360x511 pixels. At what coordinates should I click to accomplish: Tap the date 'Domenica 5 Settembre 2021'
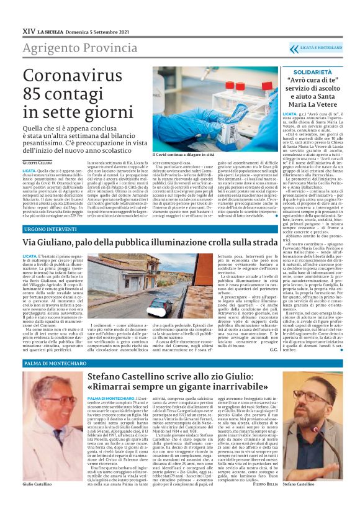pyautogui.click(x=96, y=29)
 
